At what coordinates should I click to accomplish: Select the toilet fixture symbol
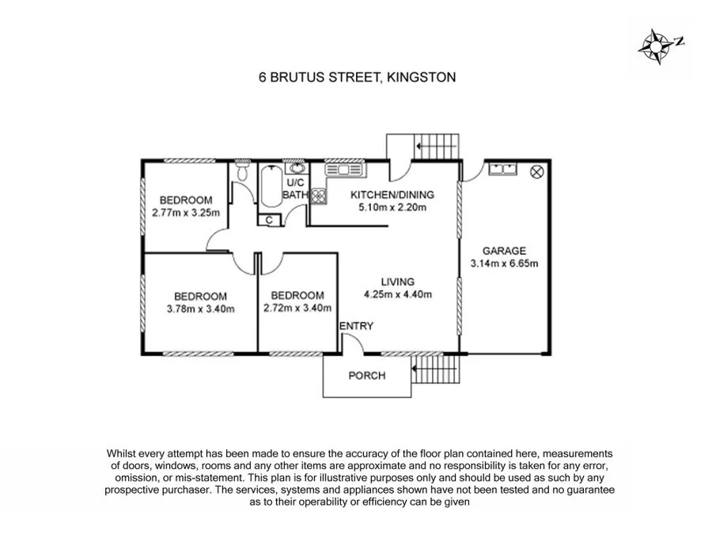click(243, 172)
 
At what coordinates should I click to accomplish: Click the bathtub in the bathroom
click(270, 186)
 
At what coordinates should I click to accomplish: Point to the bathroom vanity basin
click(297, 168)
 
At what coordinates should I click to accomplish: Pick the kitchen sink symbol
click(344, 169)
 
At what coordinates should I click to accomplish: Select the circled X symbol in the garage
click(536, 169)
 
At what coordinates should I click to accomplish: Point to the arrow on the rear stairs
click(418, 146)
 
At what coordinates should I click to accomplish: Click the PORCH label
click(367, 375)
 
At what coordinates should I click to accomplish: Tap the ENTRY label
click(356, 326)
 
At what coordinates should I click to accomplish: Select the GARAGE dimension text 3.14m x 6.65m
click(504, 263)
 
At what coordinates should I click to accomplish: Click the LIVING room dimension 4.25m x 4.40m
click(397, 294)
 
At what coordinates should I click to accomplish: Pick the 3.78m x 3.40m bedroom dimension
click(201, 309)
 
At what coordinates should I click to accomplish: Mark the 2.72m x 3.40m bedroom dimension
click(297, 309)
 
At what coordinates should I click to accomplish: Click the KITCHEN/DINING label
click(393, 195)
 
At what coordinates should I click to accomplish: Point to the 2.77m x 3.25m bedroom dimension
click(185, 212)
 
